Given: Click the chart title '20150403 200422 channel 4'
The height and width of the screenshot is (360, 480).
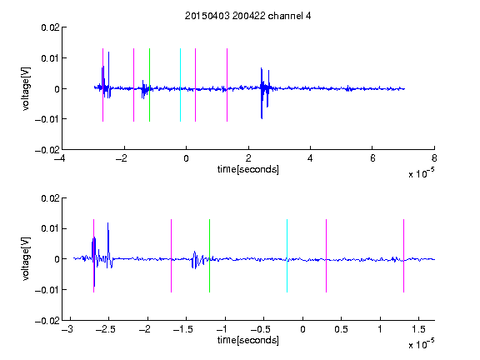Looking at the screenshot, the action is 247,16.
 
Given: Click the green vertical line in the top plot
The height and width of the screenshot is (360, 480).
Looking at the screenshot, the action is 149,85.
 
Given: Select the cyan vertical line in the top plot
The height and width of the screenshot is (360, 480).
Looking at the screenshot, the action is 180,85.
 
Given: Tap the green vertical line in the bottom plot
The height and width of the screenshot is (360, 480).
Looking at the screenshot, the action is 209,256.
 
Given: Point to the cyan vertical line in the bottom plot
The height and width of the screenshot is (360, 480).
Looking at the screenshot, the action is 287,256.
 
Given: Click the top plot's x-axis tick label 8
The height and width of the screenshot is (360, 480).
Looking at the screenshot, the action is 434,158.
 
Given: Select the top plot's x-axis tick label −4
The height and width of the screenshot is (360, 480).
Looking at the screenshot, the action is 60,158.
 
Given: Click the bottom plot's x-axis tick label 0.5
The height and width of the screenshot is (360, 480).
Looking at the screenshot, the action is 341,329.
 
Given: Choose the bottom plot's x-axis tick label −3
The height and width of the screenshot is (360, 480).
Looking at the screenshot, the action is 67,329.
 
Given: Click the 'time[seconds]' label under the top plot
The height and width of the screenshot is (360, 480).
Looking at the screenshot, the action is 248,169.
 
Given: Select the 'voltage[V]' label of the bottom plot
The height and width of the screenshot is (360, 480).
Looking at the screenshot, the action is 27,259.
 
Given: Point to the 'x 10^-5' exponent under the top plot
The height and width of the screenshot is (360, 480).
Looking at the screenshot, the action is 421,173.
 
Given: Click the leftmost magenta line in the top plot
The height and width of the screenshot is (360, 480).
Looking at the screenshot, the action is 102,85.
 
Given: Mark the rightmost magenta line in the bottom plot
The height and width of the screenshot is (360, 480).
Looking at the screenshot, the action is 403,256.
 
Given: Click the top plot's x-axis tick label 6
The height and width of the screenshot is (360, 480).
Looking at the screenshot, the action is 372,158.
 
